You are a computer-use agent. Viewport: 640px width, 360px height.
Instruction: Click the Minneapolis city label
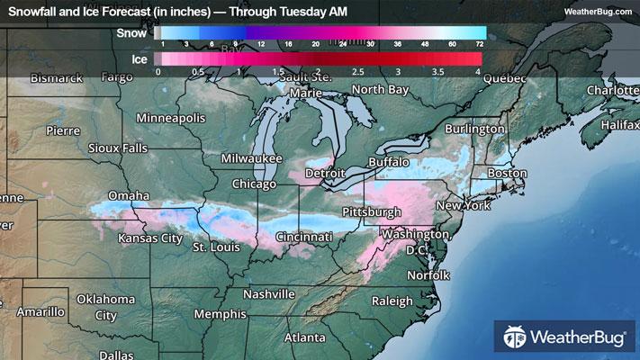tap(171, 119)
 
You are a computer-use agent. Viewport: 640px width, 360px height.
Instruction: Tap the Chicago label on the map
tap(253, 184)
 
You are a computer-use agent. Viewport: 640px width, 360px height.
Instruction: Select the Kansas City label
tap(150, 238)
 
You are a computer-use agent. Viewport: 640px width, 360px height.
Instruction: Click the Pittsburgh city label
tap(372, 211)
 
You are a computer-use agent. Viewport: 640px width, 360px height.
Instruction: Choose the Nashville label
tap(269, 294)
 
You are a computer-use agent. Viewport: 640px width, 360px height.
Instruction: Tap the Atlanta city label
tap(305, 337)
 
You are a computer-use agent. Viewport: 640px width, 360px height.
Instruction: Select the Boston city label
tap(506, 172)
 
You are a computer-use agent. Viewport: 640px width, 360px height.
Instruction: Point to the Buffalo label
tap(389, 162)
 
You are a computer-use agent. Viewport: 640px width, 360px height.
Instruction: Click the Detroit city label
tap(325, 172)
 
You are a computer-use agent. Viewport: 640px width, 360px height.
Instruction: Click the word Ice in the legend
tap(139, 58)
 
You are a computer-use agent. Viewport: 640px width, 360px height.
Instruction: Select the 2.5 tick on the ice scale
tap(356, 70)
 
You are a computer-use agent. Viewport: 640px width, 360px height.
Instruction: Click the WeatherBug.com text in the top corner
tap(598, 11)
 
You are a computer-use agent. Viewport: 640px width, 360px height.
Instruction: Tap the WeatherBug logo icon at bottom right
tap(516, 338)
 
